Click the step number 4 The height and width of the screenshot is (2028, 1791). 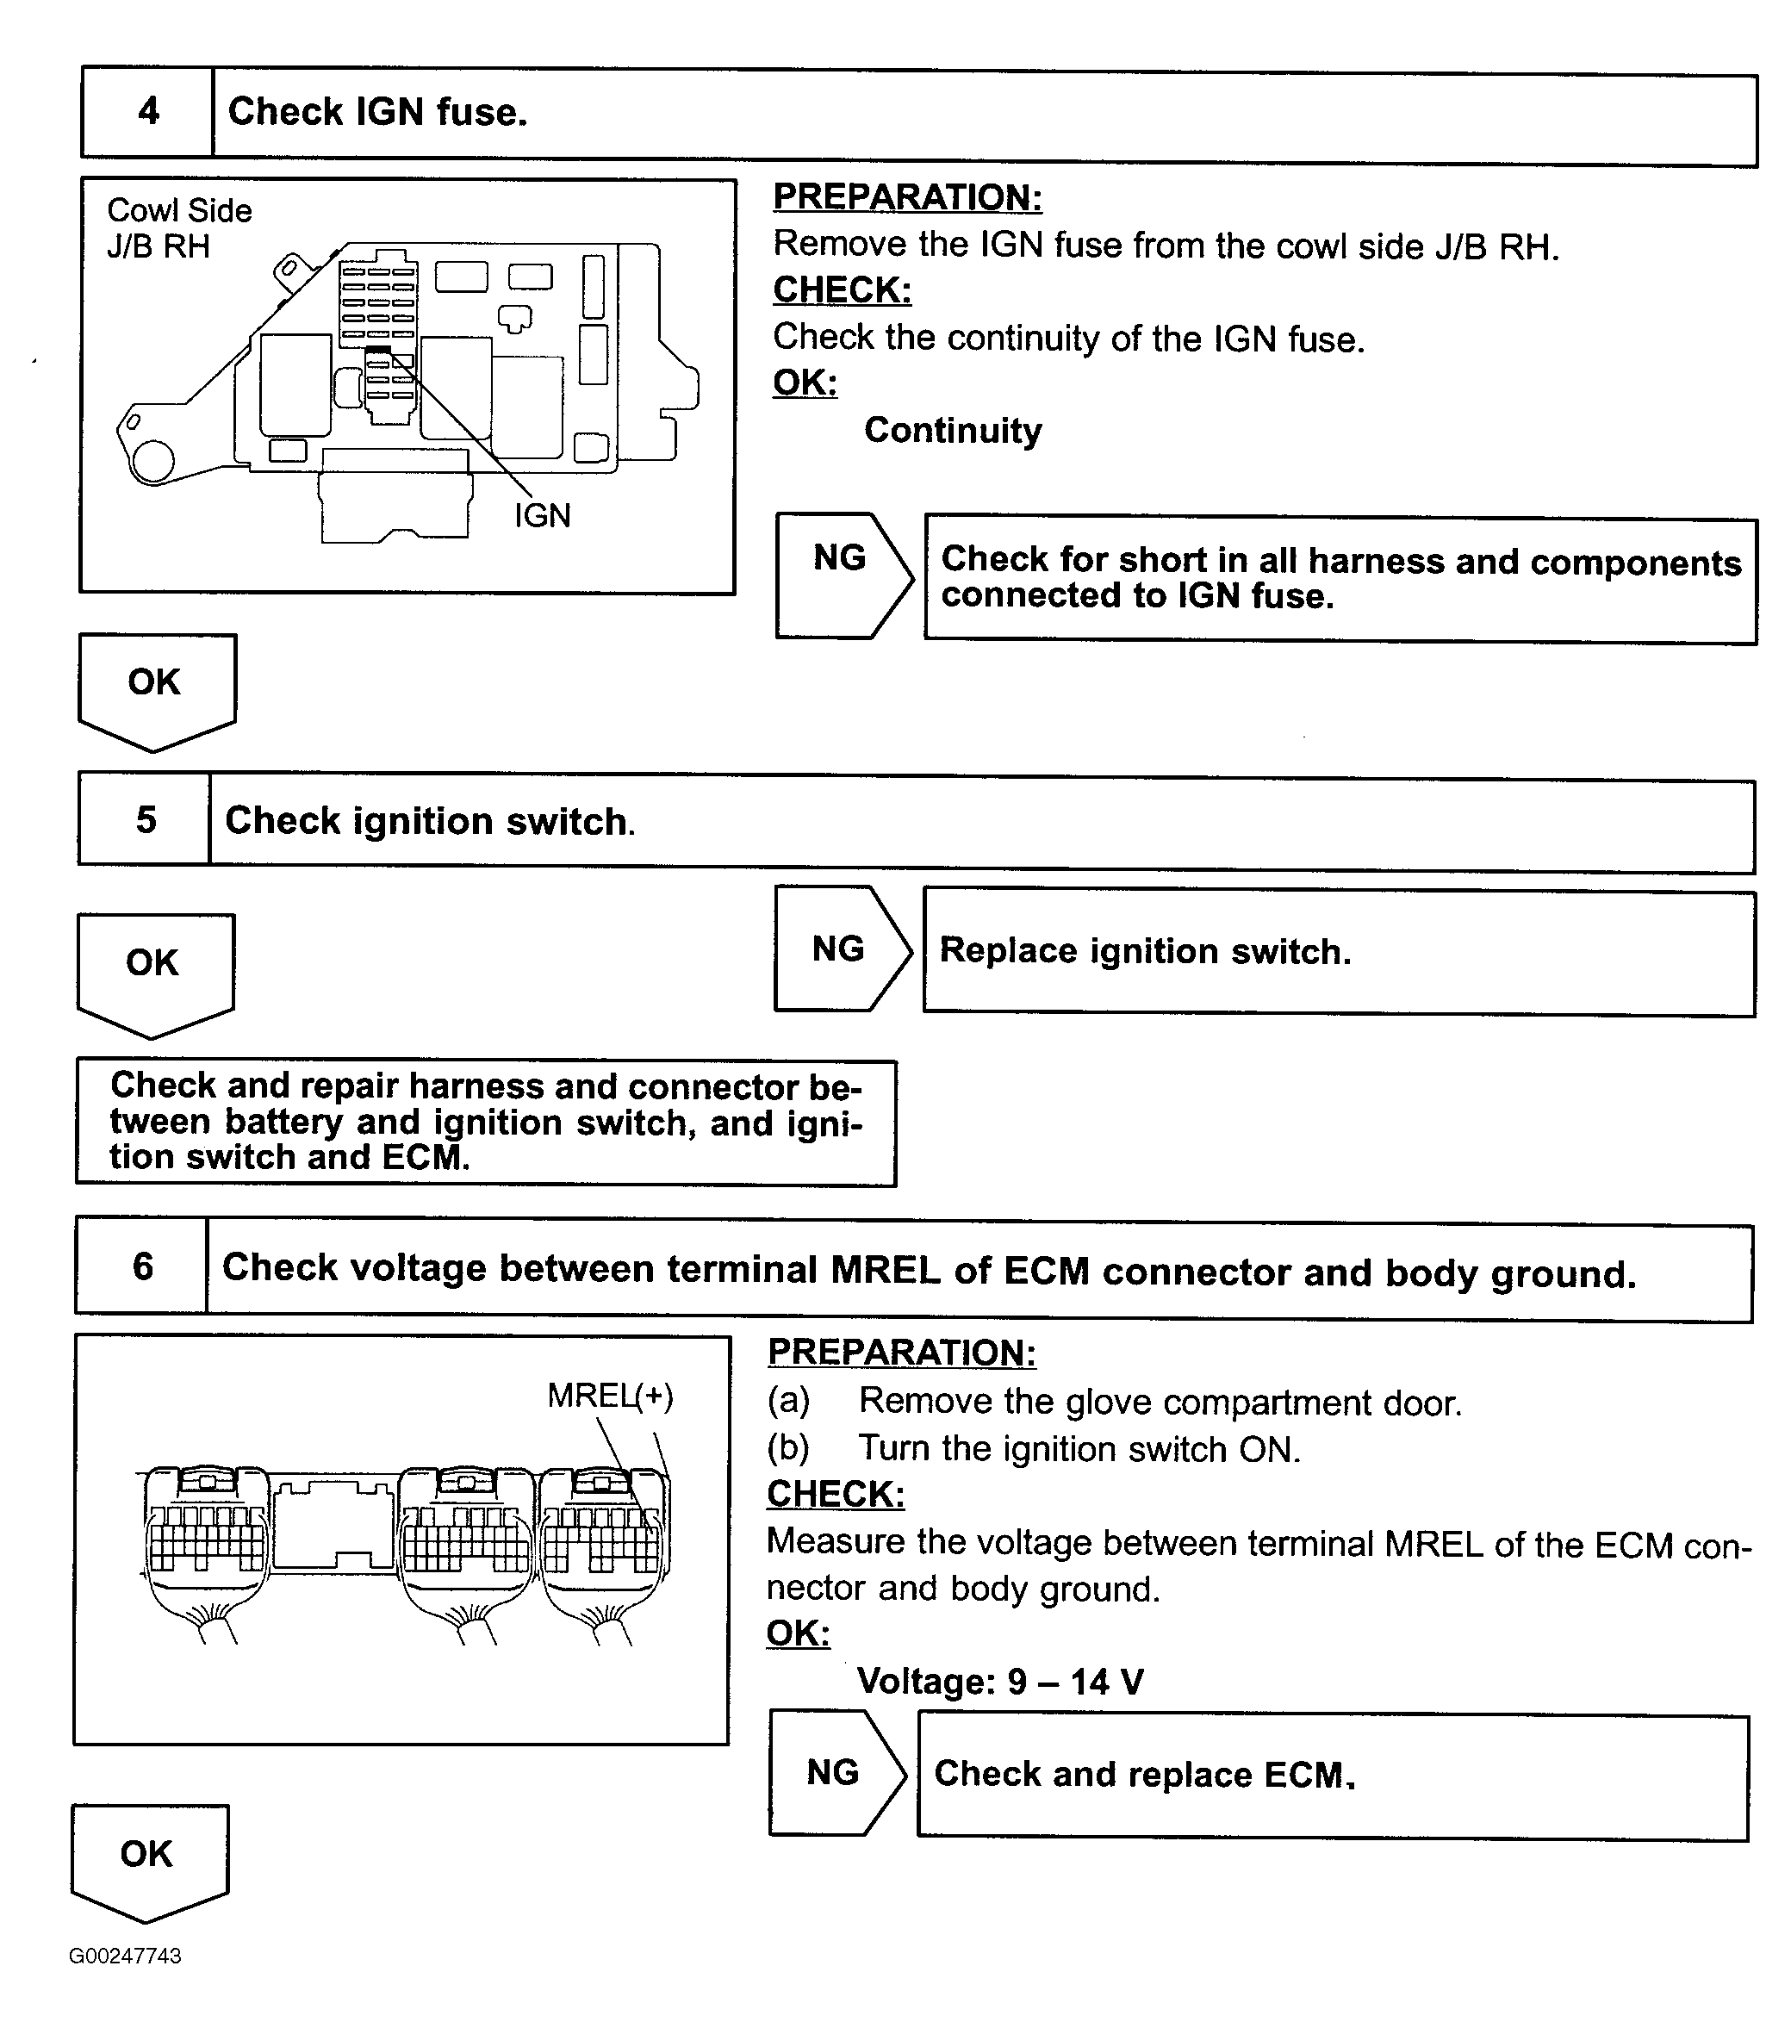(148, 111)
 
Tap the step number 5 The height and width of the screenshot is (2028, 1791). (146, 819)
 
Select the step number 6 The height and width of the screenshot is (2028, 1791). (143, 1266)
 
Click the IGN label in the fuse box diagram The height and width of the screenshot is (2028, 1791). (542, 516)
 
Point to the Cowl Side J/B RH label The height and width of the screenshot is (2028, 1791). (178, 228)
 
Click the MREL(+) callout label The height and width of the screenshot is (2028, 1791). (610, 1396)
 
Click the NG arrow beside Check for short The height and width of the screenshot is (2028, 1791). (842, 558)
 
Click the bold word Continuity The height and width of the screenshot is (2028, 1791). (953, 431)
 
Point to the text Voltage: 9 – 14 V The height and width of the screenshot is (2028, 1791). (999, 1682)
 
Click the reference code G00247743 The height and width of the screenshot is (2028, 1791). (125, 1956)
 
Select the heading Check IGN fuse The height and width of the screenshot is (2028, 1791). (377, 112)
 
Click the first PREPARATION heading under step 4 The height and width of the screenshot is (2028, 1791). (907, 197)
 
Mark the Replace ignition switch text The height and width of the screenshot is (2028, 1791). (1144, 950)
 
